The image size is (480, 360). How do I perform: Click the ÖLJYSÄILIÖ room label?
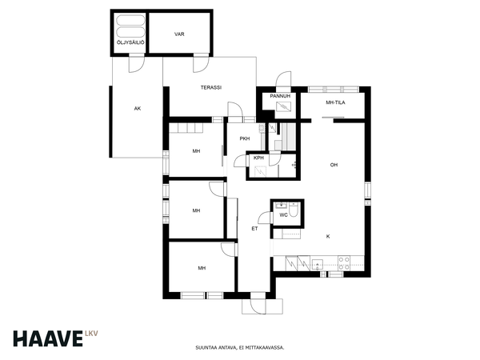pos(130,42)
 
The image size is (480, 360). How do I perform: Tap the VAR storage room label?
pos(179,34)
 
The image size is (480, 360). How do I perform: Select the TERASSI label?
pos(211,87)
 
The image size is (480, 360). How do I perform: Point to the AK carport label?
pos(138,108)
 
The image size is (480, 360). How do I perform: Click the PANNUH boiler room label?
pos(280,96)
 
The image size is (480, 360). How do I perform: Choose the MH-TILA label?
pos(335,102)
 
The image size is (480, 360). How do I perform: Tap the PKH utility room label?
pos(245,138)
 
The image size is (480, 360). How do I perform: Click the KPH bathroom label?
pos(258,158)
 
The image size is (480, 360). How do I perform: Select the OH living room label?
pos(334,165)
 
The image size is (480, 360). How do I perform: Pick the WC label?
pos(283,215)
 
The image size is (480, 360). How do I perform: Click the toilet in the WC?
pos(294,210)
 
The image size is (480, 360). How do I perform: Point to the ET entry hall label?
pos(254,229)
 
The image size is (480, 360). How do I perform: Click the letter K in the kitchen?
pos(328,237)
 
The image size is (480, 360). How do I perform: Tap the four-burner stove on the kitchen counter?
pos(344,263)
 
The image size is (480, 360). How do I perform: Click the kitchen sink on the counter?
pos(318,264)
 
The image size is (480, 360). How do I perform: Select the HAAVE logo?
pos(48,338)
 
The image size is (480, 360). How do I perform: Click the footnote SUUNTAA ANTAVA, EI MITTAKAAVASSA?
pos(240,348)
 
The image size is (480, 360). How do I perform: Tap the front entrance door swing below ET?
pos(258,306)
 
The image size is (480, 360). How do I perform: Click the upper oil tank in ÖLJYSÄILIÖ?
pos(130,21)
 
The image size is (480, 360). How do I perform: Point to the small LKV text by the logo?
pos(91,334)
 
